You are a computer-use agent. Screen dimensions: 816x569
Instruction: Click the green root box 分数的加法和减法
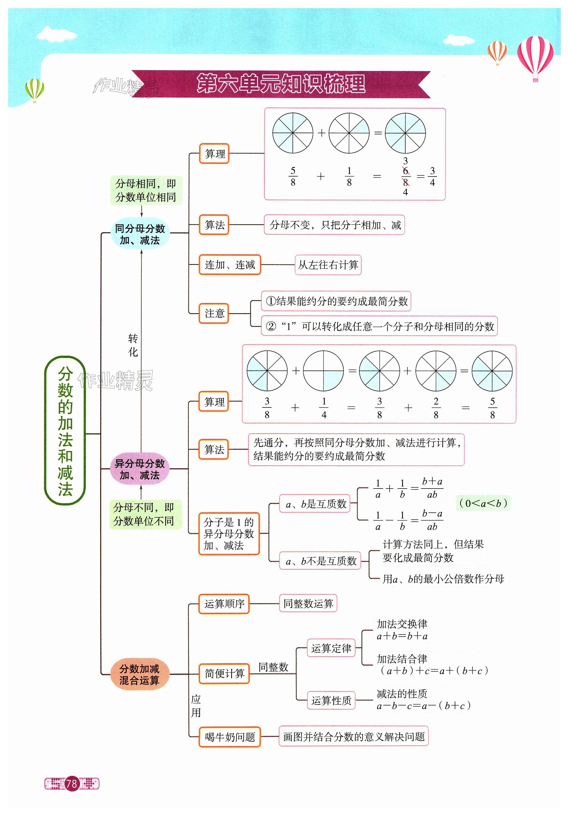click(x=65, y=430)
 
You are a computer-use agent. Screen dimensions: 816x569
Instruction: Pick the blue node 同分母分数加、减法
click(x=140, y=234)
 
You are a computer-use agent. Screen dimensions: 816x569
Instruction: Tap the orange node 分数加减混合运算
click(x=139, y=674)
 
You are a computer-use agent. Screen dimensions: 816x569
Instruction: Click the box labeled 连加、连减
click(x=230, y=265)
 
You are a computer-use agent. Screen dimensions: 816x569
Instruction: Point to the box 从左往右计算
click(x=328, y=265)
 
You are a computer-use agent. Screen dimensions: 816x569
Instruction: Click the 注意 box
click(x=214, y=313)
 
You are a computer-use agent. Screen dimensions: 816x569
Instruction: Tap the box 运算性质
click(x=331, y=700)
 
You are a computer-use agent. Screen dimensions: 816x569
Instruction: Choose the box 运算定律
click(x=331, y=648)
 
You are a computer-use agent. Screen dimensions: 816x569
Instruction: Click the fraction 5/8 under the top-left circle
click(x=293, y=177)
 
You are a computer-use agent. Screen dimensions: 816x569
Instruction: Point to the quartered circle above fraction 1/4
click(x=323, y=371)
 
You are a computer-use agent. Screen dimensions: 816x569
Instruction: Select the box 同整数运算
click(x=308, y=603)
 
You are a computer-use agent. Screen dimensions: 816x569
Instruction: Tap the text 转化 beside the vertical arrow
click(x=133, y=345)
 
